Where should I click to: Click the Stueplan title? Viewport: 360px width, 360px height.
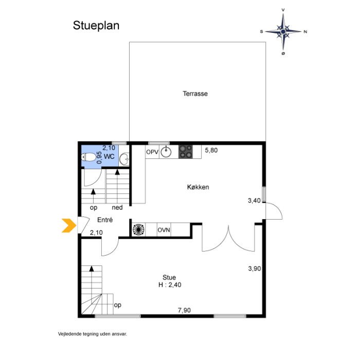click(96, 26)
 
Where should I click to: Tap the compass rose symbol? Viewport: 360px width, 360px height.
click(283, 31)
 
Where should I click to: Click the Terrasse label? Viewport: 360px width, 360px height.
click(195, 94)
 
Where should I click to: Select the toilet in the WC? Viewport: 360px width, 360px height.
click(88, 157)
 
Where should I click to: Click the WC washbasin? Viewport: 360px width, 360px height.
click(124, 158)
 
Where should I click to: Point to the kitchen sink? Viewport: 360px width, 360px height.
click(166, 152)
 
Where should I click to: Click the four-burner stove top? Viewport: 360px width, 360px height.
click(186, 152)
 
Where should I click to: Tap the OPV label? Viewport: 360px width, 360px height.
click(152, 152)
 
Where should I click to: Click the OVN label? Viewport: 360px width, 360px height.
click(164, 230)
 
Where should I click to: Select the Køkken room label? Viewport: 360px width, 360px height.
click(198, 187)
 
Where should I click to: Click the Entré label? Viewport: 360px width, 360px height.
click(105, 220)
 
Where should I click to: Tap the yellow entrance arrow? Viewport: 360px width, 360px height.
click(69, 225)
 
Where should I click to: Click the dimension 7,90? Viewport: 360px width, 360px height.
click(184, 311)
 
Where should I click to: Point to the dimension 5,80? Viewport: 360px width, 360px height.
click(211, 150)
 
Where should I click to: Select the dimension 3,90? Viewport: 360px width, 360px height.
click(255, 268)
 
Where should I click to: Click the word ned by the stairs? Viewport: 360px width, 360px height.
click(117, 208)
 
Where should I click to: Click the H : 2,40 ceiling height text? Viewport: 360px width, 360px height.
click(170, 285)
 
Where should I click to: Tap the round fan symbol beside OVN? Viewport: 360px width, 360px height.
click(138, 229)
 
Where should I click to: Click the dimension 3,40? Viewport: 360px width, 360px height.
click(254, 201)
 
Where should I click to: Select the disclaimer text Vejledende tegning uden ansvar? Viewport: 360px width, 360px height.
click(92, 334)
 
